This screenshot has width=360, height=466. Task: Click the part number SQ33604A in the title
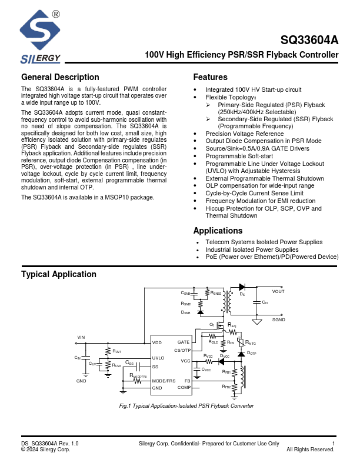[x=310, y=41]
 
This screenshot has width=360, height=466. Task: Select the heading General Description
[x=60, y=77]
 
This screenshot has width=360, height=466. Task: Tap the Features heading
[x=210, y=77]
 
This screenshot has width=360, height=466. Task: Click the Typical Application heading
[x=59, y=275]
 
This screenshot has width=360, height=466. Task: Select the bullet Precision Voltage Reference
[x=244, y=134]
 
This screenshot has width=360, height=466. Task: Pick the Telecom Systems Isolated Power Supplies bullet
[x=264, y=242]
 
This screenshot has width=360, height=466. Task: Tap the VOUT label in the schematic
[x=278, y=291]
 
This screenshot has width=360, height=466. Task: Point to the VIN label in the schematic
[x=81, y=337]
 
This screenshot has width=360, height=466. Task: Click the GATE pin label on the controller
[x=184, y=342]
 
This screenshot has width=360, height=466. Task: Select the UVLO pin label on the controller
[x=158, y=358]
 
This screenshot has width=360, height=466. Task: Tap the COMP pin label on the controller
[x=184, y=388]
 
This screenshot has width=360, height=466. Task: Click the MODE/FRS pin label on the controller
[x=164, y=381]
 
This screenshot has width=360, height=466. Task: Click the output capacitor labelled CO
[x=256, y=302]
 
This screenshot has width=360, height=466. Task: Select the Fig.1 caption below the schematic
[x=186, y=406]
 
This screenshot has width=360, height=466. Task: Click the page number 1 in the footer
[x=334, y=443]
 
